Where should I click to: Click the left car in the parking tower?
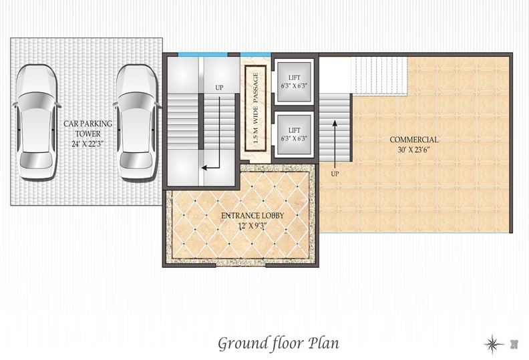[37, 122]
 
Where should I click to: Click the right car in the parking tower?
[137, 122]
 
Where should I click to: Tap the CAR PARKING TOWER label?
[87, 128]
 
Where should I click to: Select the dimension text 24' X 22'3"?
[87, 144]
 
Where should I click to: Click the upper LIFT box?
[294, 81]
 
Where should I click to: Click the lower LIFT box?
[294, 134]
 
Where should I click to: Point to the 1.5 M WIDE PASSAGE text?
[255, 108]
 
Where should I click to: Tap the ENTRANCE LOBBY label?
[252, 216]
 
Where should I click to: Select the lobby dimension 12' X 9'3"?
[252, 226]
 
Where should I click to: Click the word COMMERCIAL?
[414, 140]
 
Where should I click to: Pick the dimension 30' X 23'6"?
[414, 150]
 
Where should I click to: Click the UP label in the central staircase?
[219, 87]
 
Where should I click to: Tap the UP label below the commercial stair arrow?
[335, 174]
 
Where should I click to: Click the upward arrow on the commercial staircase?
[335, 144]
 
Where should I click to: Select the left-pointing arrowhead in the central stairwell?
[204, 168]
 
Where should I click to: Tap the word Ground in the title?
[243, 344]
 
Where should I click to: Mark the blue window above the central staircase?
[203, 54]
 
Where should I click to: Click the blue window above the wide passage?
[255, 54]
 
